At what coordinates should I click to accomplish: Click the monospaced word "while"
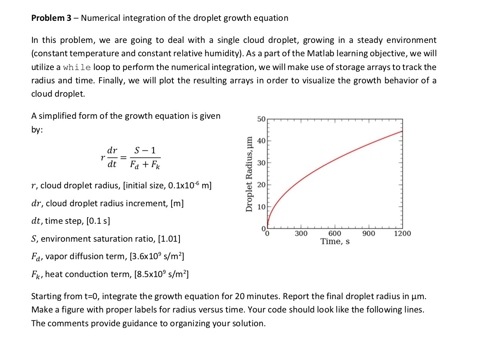77,67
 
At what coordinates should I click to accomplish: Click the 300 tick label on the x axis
301,234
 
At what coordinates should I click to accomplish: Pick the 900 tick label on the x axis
369,234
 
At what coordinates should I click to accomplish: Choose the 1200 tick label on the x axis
402,234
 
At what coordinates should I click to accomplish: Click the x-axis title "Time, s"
335,242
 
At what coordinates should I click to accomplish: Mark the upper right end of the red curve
402,131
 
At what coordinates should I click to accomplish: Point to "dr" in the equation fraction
112,150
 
